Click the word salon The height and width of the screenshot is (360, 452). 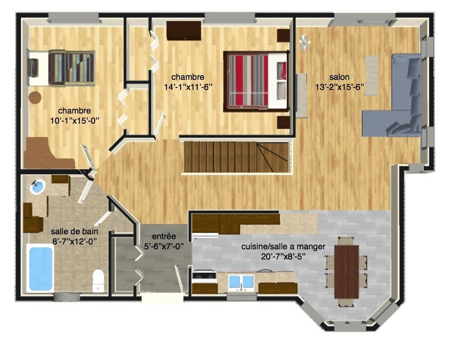[339, 77]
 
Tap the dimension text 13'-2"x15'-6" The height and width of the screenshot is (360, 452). [339, 87]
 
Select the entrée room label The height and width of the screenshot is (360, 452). [164, 236]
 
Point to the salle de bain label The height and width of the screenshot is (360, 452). [75, 231]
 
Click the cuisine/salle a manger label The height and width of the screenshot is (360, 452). [283, 246]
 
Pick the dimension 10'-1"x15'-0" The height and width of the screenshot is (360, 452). [75, 120]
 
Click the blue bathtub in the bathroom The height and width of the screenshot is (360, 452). [40, 268]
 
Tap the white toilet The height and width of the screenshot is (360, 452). [98, 280]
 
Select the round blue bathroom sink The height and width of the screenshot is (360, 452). [38, 186]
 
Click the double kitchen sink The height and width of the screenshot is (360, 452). [241, 282]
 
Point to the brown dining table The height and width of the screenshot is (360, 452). [347, 272]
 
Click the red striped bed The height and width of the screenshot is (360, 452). [256, 81]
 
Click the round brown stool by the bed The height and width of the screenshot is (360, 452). [35, 97]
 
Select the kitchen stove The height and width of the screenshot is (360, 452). [204, 276]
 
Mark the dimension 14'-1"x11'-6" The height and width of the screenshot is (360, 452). [188, 87]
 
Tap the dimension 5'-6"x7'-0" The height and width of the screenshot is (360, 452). [164, 246]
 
